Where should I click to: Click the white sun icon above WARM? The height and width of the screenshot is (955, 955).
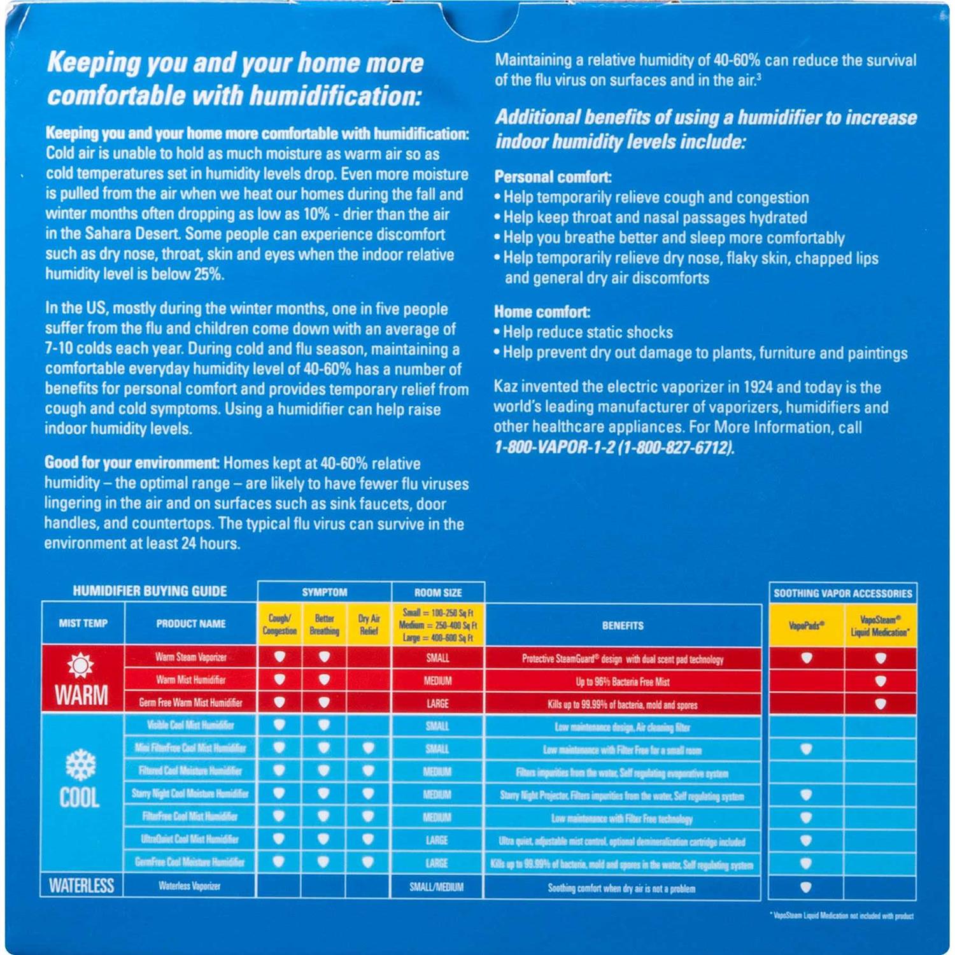81,665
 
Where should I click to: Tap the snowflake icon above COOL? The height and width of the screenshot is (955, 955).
81,765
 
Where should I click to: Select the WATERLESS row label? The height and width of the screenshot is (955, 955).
81,886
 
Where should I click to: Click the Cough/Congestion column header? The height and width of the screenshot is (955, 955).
279,625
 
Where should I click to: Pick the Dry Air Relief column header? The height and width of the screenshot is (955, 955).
369,625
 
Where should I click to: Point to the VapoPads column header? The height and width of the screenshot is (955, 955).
806,626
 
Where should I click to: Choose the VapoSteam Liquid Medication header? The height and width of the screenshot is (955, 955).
880,626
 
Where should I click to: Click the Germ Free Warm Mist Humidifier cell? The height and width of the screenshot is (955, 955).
190,703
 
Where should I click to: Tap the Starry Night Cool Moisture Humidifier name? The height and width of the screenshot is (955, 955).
190,794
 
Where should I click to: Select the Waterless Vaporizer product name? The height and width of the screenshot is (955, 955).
190,886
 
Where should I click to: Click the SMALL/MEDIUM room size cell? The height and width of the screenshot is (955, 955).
437,887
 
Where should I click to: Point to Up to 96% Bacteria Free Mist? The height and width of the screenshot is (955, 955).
623,682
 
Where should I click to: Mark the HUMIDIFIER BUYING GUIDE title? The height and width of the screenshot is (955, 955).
150,591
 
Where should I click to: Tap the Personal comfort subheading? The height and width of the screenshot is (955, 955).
553,177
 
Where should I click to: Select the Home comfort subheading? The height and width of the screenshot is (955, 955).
542,312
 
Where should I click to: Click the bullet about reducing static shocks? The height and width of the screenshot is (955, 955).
587,332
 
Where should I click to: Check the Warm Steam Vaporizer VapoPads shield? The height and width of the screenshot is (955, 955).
806,658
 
